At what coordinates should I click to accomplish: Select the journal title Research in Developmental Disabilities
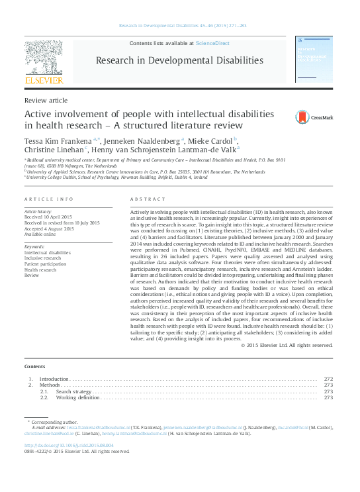(179, 60)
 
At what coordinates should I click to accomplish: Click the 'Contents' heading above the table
(34, 366)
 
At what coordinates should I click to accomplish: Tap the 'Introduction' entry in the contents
(54, 379)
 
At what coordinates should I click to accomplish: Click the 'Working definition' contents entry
(80, 397)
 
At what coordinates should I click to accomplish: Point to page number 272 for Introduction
(328, 379)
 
